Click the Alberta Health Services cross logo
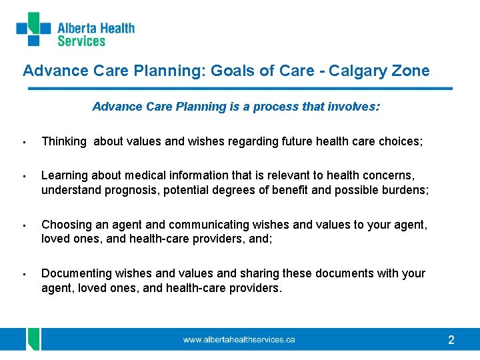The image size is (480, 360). (x=33, y=29)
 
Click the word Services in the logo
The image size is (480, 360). (x=81, y=41)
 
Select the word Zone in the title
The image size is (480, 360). (x=411, y=71)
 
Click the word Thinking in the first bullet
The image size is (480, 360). (x=64, y=141)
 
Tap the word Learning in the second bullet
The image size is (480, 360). (x=65, y=175)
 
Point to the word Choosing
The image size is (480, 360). (x=65, y=225)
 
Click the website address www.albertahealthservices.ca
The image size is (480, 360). (x=239, y=340)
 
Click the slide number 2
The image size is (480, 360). (x=451, y=341)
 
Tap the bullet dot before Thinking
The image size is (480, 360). (x=23, y=142)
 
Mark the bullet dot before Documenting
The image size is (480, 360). (x=23, y=274)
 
